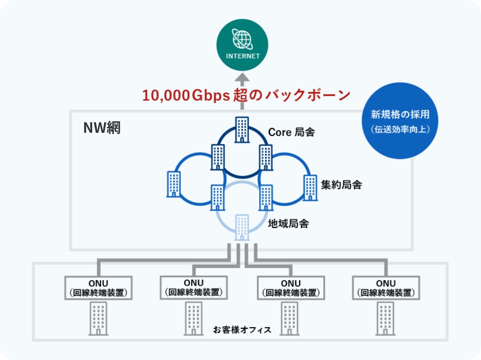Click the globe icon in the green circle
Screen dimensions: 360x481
tap(242, 39)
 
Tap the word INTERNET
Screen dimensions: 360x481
tap(243, 56)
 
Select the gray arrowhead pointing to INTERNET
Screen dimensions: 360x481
tap(242, 79)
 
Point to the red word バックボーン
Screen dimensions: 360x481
tap(308, 95)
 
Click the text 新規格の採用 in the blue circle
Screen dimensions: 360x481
tap(400, 114)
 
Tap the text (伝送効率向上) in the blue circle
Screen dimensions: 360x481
tap(400, 130)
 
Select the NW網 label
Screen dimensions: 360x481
tap(102, 128)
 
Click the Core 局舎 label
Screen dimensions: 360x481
tap(291, 132)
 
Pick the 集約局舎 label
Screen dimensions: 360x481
tap(341, 184)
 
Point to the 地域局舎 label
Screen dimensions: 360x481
tap(288, 223)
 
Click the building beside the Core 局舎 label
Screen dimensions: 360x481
tap(242, 129)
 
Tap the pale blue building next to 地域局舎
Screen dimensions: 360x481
tap(242, 228)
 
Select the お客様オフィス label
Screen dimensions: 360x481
tap(242, 330)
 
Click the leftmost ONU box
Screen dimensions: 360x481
tap(98, 288)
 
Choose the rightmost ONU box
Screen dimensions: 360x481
tap(386, 288)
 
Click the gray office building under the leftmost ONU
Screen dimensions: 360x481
tap(98, 318)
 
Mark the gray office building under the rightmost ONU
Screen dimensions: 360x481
tap(386, 318)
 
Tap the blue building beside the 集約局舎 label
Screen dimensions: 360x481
tap(310, 188)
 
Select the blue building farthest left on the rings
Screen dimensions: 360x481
tap(173, 184)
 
